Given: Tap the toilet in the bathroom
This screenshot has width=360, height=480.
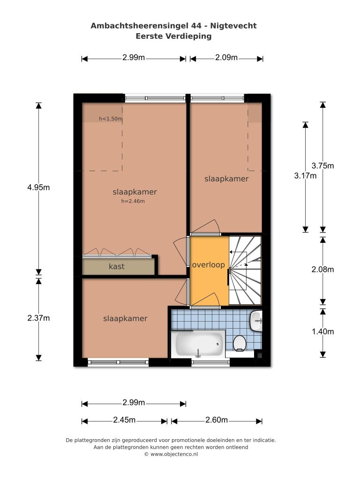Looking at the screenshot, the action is [x=240, y=343].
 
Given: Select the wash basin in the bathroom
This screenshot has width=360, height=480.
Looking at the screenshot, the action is [x=256, y=321].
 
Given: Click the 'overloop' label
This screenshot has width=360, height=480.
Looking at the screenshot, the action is [x=209, y=265].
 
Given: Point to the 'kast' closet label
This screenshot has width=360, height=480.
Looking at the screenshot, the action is [x=117, y=266].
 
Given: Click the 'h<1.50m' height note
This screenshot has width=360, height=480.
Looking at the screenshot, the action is [x=111, y=119].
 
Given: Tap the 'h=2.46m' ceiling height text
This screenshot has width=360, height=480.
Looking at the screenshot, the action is [x=133, y=201].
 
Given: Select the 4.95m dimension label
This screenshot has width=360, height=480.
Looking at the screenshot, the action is [x=38, y=187].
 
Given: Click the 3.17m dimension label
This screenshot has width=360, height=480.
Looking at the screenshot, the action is [x=305, y=176].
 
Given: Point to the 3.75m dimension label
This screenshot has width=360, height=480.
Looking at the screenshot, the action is [x=322, y=165].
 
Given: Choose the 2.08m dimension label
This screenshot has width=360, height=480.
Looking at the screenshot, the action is [x=322, y=270].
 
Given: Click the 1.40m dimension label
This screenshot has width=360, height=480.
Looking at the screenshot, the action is [x=322, y=331].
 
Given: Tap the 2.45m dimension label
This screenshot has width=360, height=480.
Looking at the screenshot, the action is [x=124, y=420].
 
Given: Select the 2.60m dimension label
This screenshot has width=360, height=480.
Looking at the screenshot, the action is [x=217, y=420].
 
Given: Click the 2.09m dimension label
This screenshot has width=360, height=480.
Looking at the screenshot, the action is [x=226, y=58].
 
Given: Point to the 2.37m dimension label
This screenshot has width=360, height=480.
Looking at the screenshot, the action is [x=38, y=318].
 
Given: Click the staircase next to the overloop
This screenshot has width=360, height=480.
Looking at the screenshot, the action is [x=245, y=270].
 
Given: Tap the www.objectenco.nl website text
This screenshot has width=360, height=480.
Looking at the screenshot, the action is [x=174, y=454].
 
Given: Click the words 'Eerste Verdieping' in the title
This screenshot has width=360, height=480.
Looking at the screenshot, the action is [x=173, y=36].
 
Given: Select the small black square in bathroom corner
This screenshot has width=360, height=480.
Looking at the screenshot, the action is [x=259, y=354].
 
